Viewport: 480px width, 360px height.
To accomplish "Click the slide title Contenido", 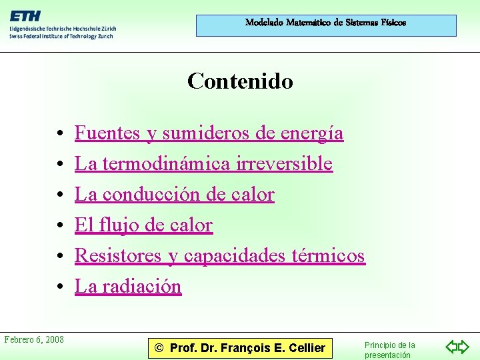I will [240, 81].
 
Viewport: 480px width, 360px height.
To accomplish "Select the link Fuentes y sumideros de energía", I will [209, 133].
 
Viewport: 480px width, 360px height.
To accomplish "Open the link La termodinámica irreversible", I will [203, 164].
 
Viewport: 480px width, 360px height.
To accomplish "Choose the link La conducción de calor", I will [174, 195].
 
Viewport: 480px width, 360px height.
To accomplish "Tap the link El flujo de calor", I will [143, 225].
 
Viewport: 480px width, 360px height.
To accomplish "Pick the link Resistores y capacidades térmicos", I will [219, 256].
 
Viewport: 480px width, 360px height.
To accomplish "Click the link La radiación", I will [127, 287].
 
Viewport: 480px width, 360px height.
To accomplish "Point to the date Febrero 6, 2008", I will [34, 340].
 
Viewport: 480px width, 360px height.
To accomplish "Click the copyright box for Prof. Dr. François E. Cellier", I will [239, 347].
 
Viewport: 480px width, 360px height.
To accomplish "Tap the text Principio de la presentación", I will [389, 350].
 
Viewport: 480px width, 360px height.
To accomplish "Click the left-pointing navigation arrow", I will [451, 347].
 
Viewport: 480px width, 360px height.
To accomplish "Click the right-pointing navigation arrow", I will [464, 347].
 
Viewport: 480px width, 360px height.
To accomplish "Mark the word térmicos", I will [329, 256].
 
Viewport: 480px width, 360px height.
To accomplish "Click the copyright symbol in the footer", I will [159, 348].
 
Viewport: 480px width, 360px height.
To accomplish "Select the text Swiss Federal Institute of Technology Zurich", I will [61, 36].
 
